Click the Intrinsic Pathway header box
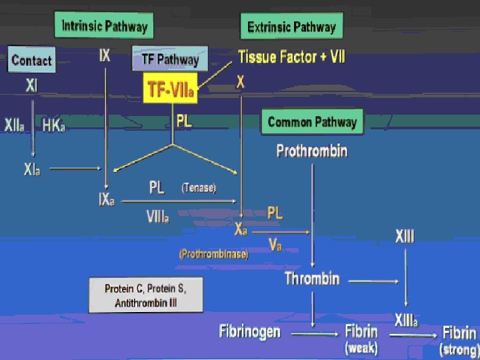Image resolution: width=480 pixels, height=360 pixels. (x=104, y=27)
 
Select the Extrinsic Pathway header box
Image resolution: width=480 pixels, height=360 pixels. (x=291, y=27)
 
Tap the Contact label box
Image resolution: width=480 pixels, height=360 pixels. (x=31, y=61)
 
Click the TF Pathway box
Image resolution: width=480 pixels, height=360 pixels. (x=170, y=59)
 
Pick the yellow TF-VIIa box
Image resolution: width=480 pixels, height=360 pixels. (x=171, y=90)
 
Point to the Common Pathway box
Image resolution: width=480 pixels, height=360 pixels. (x=312, y=123)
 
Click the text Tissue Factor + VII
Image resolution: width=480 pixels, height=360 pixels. (x=292, y=57)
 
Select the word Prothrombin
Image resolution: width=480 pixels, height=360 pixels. (x=312, y=151)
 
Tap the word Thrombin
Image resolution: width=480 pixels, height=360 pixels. (x=312, y=279)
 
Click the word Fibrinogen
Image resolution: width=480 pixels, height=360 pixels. (x=250, y=331)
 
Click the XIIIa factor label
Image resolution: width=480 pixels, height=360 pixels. (x=406, y=321)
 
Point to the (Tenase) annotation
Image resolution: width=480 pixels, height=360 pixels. (x=199, y=189)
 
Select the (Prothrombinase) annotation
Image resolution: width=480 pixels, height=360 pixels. (x=213, y=254)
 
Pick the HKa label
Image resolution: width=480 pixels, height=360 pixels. (x=54, y=125)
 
